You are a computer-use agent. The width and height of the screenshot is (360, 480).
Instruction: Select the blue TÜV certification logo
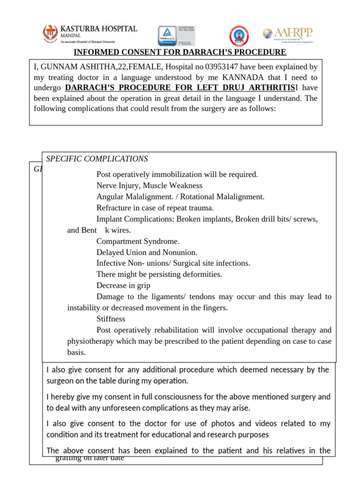coord(165,36)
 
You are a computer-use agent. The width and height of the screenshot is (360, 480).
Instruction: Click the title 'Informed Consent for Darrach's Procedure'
coord(180,52)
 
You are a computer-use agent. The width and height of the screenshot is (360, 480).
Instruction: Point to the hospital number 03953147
coord(222,67)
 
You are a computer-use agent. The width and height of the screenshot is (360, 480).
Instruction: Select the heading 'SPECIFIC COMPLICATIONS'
coord(97,159)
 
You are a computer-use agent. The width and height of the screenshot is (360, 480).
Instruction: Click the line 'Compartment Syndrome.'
coord(138,241)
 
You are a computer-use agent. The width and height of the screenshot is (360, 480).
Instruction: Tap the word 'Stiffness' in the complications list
coord(111,319)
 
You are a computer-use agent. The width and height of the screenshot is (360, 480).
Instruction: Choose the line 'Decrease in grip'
coord(123,285)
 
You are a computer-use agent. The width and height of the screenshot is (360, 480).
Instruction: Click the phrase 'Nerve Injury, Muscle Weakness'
coord(149,186)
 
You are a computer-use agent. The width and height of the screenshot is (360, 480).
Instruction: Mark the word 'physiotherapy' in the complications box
coord(90,341)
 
